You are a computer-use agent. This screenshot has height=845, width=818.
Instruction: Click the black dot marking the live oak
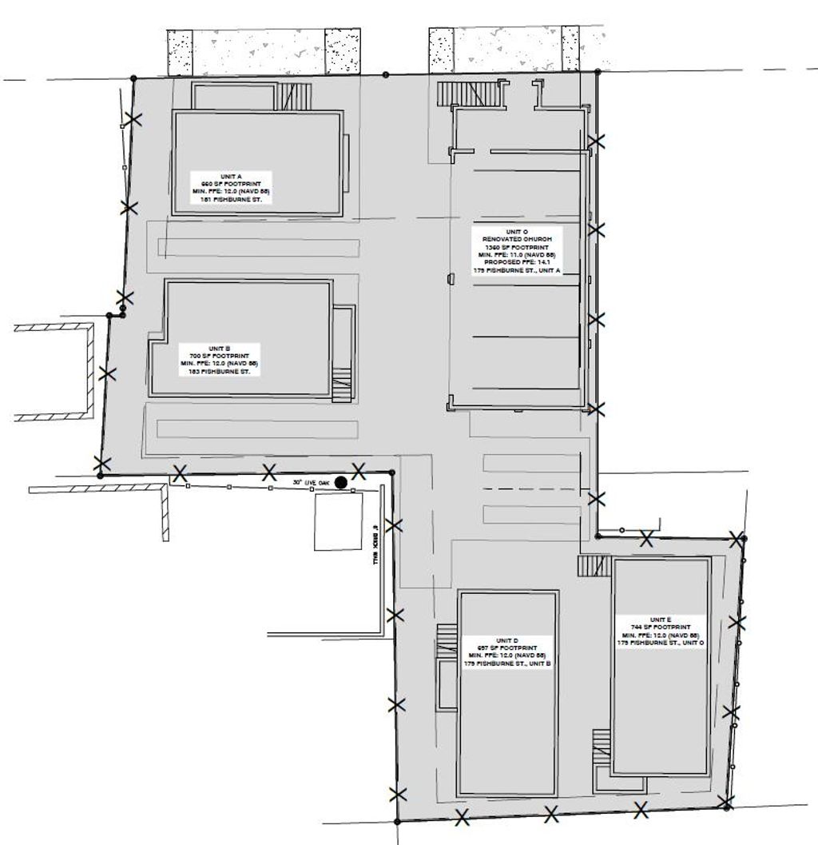(x=341, y=482)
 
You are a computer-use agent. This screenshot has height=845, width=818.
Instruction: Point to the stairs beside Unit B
(x=341, y=384)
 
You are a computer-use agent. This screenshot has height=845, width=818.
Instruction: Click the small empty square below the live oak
(x=337, y=521)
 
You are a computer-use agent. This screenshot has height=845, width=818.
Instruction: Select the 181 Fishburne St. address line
(x=231, y=199)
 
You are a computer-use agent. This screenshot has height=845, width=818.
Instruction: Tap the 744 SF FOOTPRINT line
(x=660, y=628)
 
